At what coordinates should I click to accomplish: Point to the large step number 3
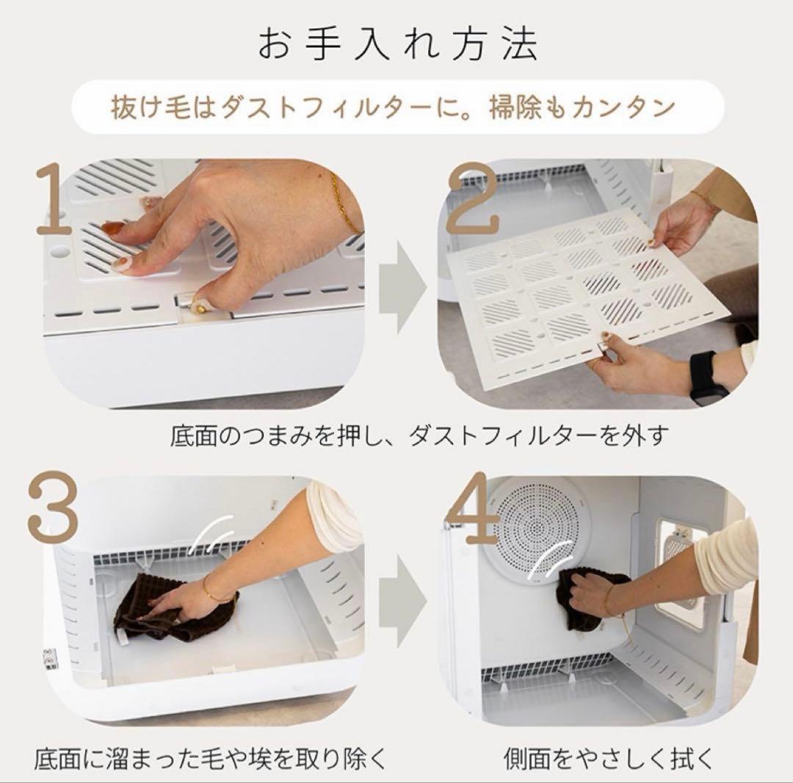53,510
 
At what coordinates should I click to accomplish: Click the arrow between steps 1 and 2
402,287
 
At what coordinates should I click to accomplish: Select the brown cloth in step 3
154,610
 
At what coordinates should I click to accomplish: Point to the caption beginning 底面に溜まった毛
210,757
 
